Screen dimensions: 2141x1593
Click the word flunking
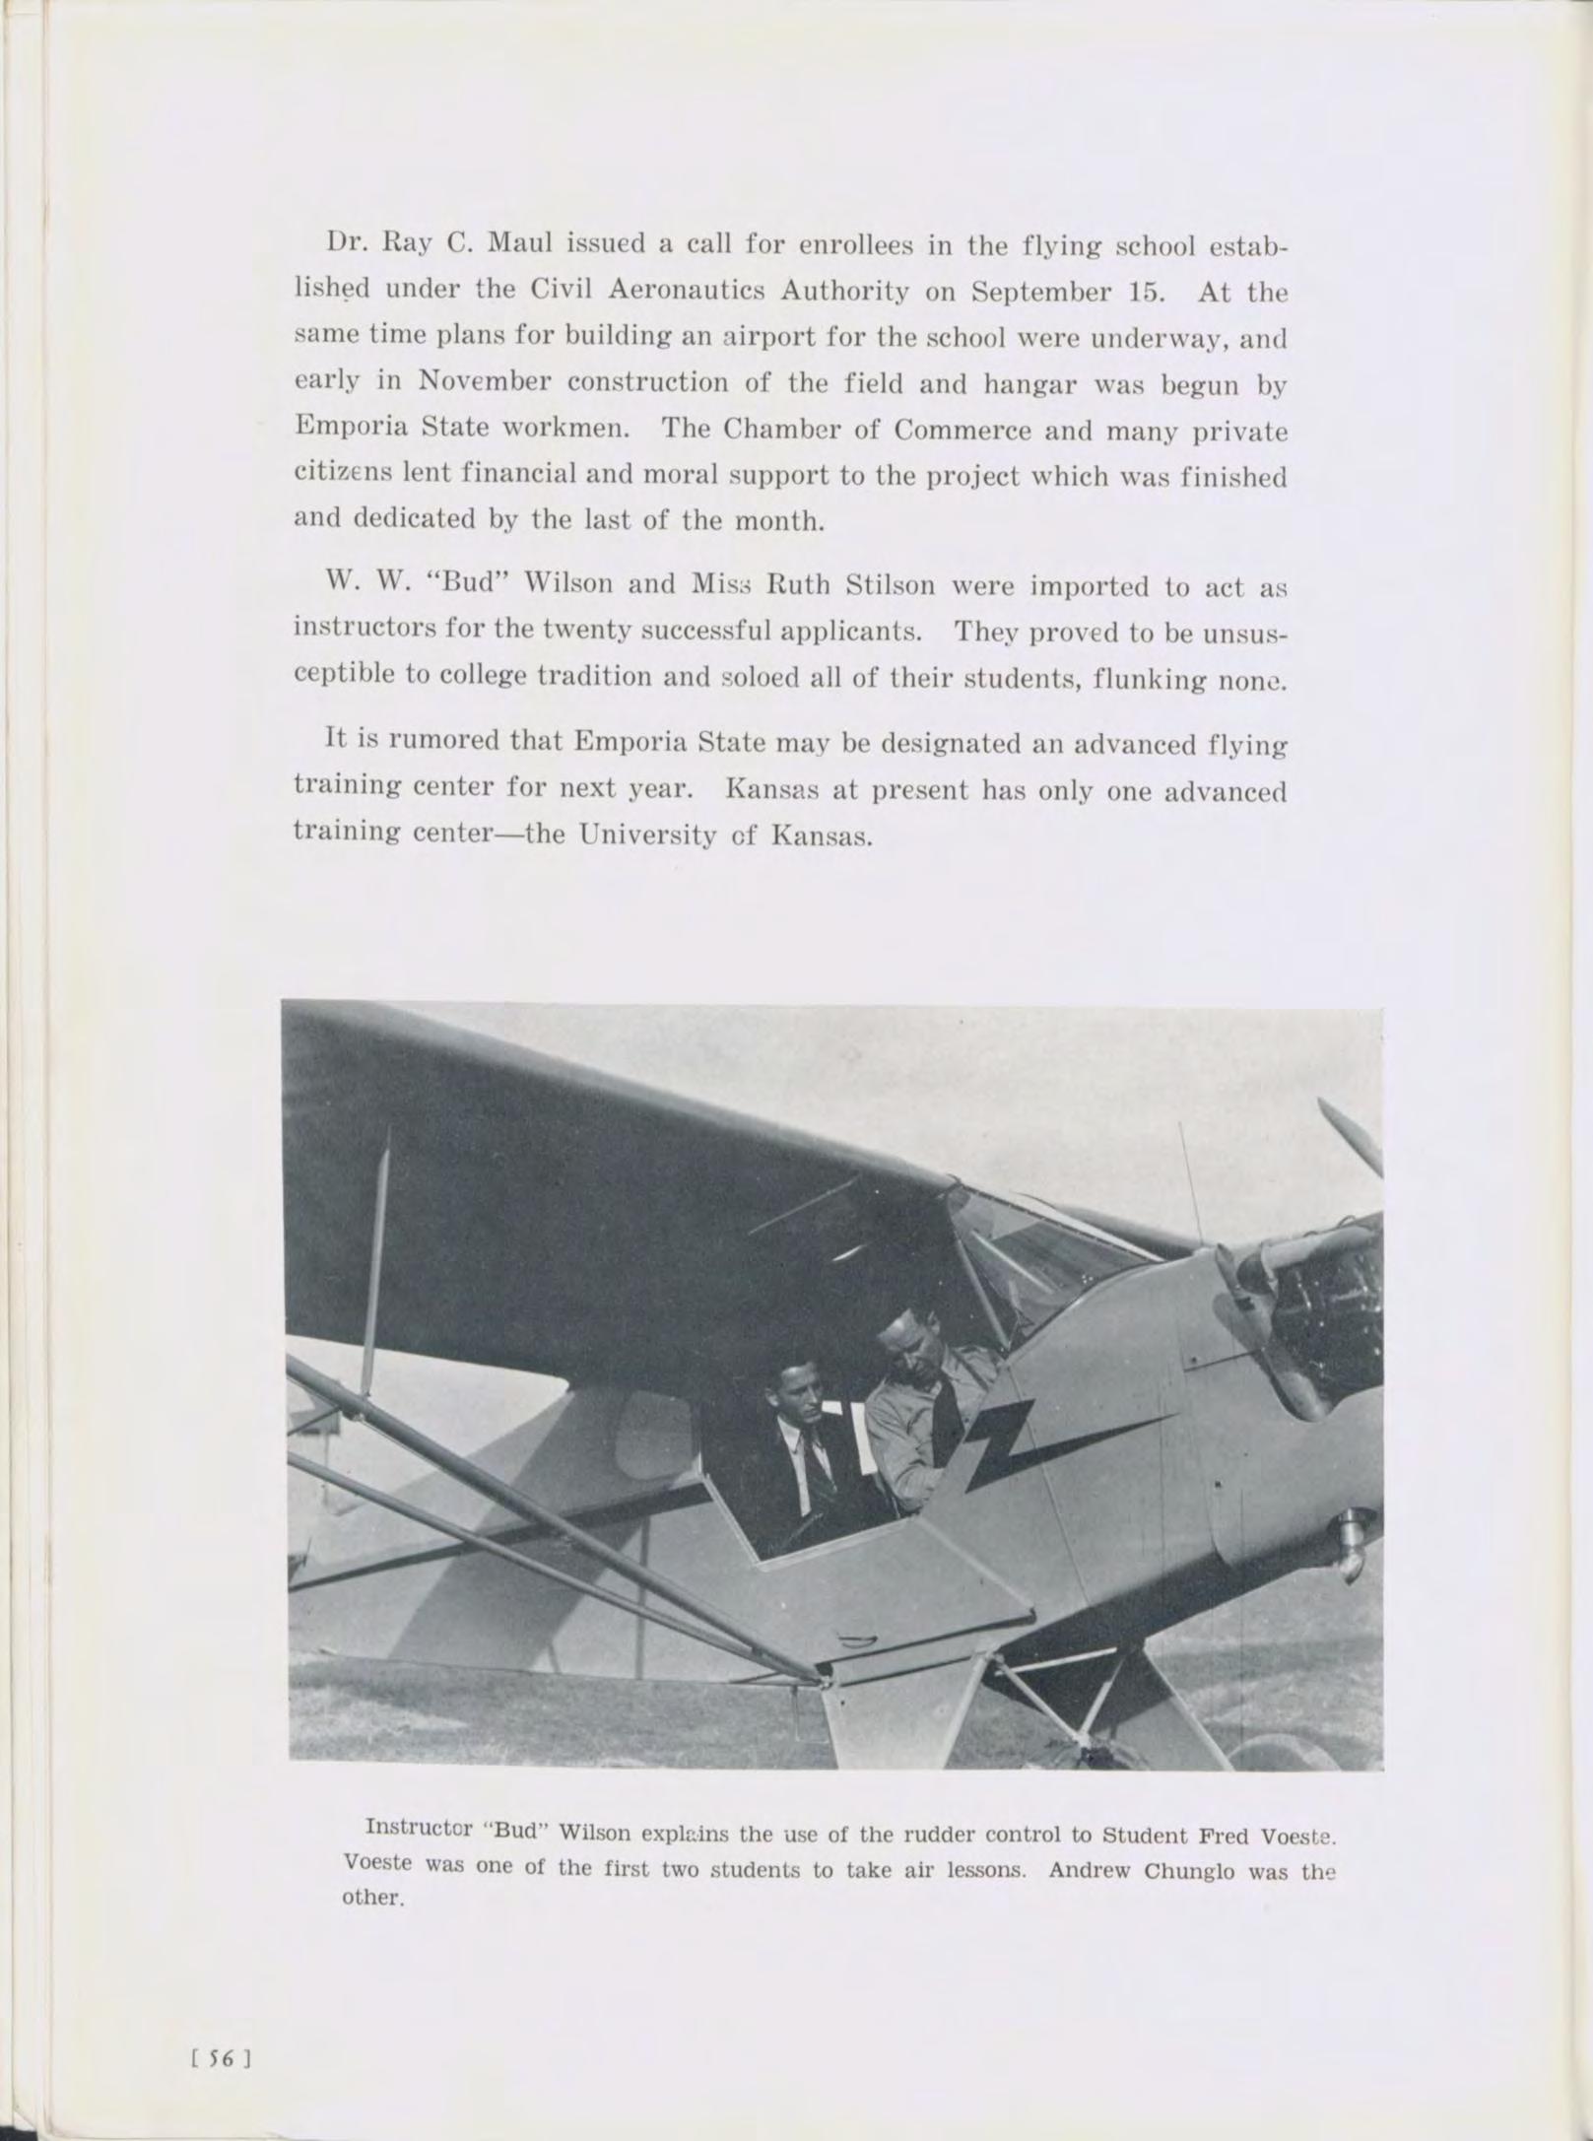1150,679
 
